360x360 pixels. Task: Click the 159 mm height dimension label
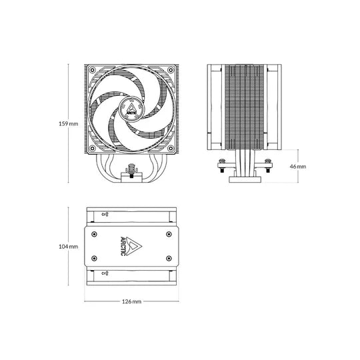point(69,124)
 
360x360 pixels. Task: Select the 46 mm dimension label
point(298,167)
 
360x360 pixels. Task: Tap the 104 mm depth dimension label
point(69,247)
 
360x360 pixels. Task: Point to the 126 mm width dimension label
point(131,301)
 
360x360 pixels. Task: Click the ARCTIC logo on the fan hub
point(131,109)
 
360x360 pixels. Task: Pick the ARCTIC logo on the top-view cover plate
point(131,247)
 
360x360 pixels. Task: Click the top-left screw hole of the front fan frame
point(92,69)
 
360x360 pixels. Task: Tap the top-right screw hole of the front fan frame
point(171,69)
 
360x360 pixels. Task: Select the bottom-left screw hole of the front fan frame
point(92,148)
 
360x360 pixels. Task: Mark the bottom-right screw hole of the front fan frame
point(171,148)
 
